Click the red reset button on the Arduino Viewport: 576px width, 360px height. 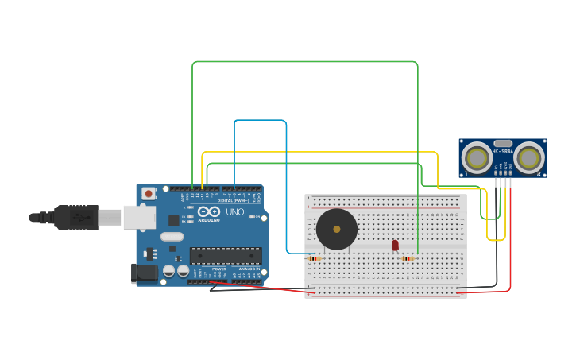(x=149, y=193)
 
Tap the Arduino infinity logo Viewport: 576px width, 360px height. (x=208, y=212)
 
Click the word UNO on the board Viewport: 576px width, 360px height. (x=235, y=212)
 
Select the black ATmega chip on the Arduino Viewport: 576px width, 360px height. (x=225, y=255)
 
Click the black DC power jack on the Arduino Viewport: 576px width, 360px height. (x=145, y=273)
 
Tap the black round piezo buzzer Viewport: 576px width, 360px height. (x=337, y=229)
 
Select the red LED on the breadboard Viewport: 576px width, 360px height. (x=395, y=245)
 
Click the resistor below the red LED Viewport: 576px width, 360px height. (x=408, y=258)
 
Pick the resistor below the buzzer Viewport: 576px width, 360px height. (x=315, y=258)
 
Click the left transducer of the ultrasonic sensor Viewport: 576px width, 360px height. (x=477, y=158)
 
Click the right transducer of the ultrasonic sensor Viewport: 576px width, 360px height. (x=528, y=158)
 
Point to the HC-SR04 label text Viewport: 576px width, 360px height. (x=503, y=151)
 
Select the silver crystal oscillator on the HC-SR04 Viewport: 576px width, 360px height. (x=503, y=143)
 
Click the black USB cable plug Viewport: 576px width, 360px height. (x=76, y=217)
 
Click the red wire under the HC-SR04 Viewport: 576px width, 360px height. (x=510, y=238)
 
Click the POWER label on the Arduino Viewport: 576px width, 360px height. (x=218, y=269)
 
